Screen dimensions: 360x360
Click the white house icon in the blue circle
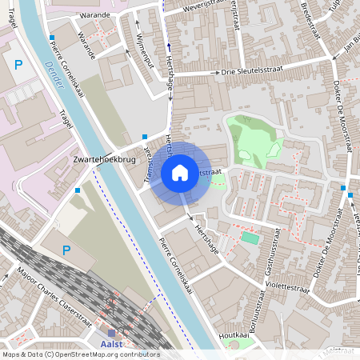[x=180, y=172]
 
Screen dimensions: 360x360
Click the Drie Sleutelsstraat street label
[x=250, y=71]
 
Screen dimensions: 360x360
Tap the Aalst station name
[x=112, y=345]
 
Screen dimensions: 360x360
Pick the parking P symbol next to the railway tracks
[x=67, y=250]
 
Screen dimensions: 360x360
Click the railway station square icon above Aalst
[x=110, y=333]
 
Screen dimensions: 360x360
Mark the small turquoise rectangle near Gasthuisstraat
[x=250, y=238]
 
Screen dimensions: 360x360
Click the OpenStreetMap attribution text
[x=81, y=354]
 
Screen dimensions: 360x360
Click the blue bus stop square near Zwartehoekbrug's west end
[x=77, y=190]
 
